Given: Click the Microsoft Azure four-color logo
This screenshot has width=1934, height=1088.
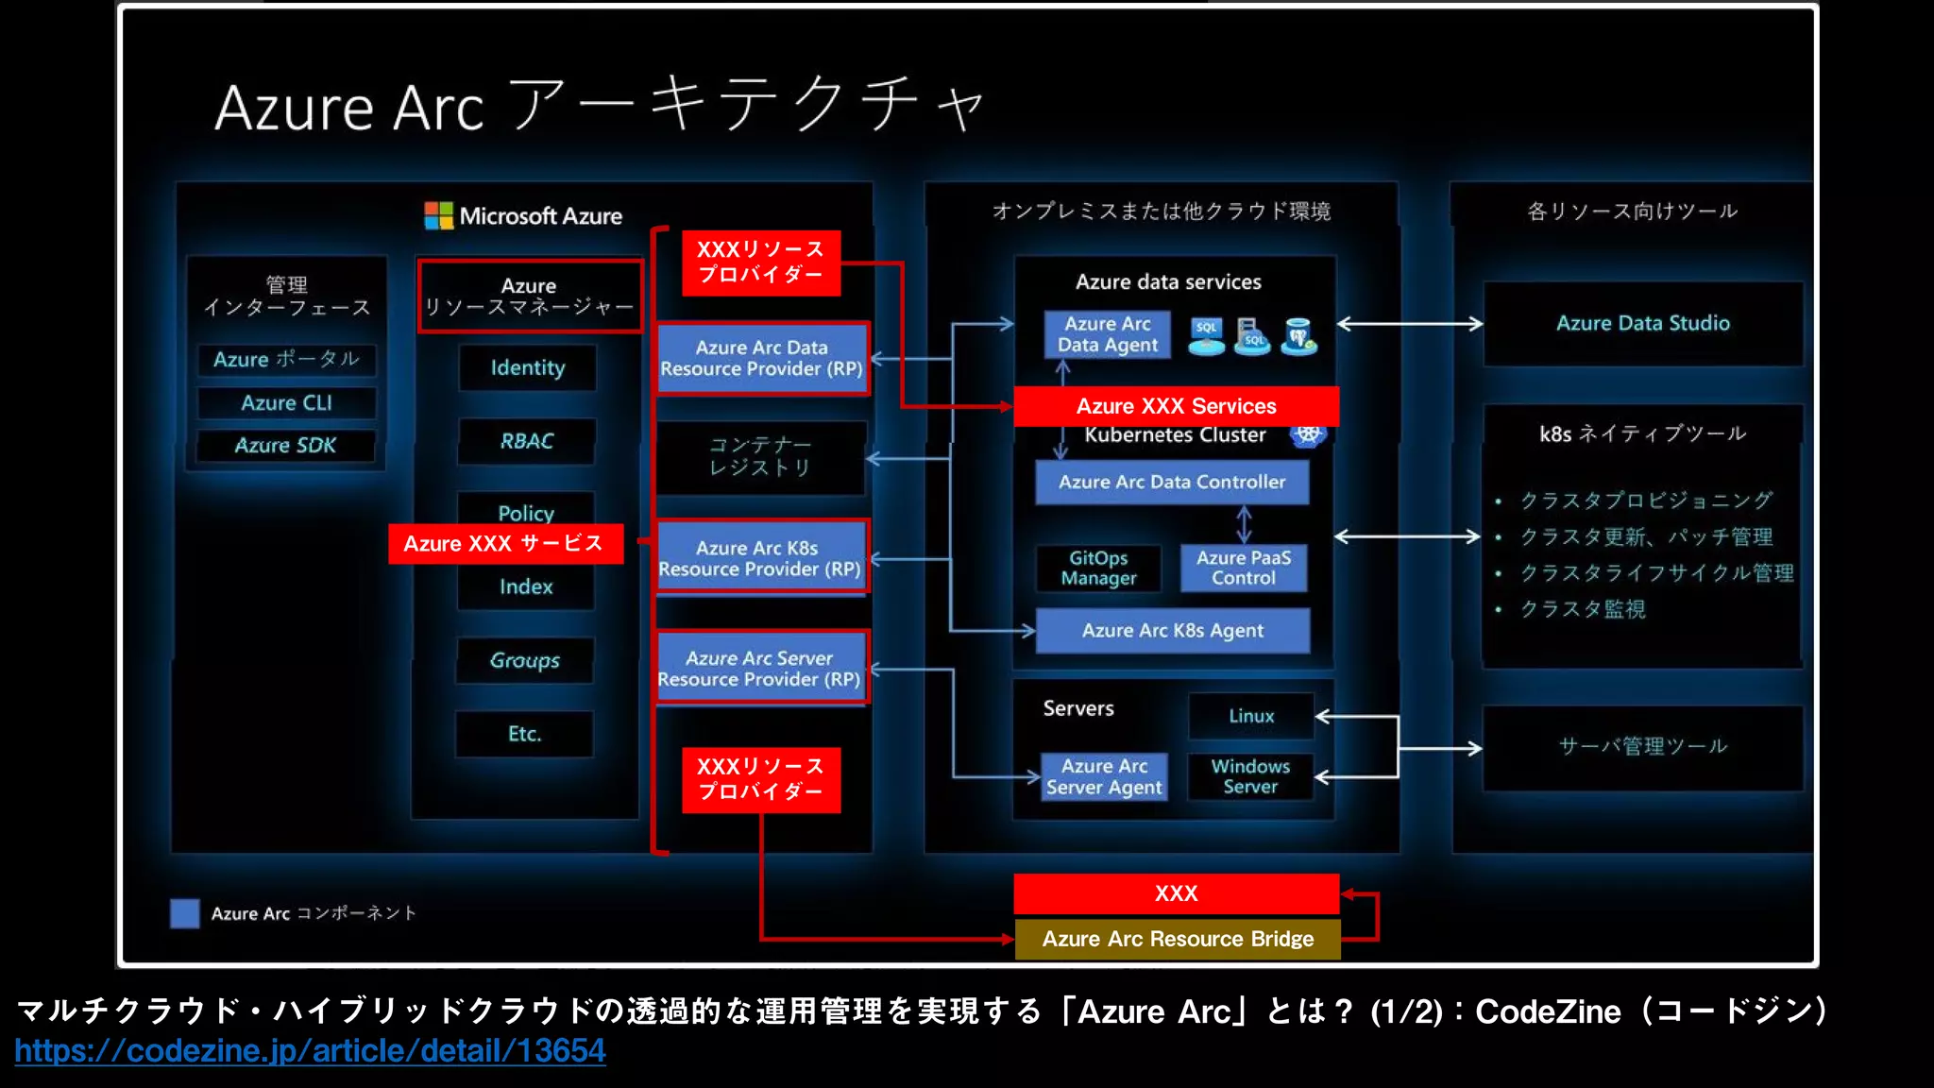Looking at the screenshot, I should [x=438, y=216].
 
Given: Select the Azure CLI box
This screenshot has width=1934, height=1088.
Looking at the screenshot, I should [x=286, y=403].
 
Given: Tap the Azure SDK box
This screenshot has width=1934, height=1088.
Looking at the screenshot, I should [x=285, y=446].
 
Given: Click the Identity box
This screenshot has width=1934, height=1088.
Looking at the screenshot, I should [x=527, y=367].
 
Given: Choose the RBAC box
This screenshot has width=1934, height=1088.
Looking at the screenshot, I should [x=526, y=441].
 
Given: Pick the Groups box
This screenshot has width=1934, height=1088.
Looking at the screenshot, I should [x=525, y=660].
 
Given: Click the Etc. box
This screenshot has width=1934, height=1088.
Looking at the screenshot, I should [x=524, y=734].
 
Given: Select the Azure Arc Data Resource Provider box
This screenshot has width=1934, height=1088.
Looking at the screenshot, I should [x=761, y=359].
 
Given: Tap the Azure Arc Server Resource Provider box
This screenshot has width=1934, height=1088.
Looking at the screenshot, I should [x=760, y=669].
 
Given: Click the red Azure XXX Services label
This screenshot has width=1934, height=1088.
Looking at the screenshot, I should [x=1176, y=406].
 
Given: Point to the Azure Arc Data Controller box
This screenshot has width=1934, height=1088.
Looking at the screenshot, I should [x=1172, y=482].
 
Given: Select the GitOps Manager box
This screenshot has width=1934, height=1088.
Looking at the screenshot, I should [x=1098, y=569].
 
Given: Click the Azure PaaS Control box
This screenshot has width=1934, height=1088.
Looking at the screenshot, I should [x=1244, y=569].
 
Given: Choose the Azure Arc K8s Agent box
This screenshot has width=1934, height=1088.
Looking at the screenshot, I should [x=1173, y=631].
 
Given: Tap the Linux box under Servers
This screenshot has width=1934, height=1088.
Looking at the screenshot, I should [x=1251, y=716].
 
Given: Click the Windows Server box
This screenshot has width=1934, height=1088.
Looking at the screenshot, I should [x=1250, y=776].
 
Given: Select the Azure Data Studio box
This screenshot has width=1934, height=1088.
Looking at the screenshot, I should [x=1643, y=324].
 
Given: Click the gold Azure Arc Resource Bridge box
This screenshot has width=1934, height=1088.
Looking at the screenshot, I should [x=1178, y=939].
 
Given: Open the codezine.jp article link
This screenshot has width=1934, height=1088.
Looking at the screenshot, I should [x=310, y=1051].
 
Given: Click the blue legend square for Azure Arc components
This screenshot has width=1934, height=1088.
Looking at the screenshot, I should [x=184, y=913].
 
